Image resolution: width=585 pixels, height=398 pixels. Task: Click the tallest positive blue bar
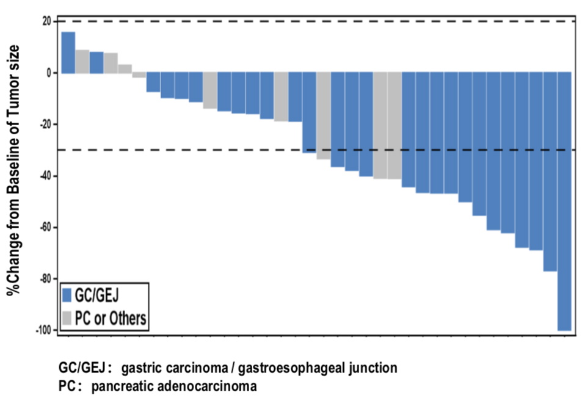(68, 52)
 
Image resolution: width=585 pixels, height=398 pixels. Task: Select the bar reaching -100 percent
(564, 201)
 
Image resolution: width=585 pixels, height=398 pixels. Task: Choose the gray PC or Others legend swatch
(67, 317)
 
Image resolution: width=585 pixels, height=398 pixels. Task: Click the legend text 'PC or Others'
(109, 317)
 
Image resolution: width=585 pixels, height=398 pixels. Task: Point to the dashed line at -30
(183, 150)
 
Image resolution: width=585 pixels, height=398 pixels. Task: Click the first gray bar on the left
(82, 61)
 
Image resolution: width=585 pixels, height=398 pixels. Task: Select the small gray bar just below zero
(139, 75)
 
